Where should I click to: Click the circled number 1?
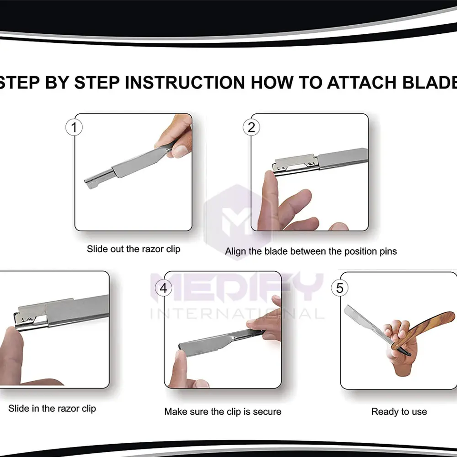[74, 128]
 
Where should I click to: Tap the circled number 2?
[251, 128]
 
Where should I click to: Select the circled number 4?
[163, 288]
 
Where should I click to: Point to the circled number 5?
[339, 288]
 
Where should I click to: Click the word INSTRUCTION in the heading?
[185, 82]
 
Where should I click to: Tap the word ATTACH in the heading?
[362, 82]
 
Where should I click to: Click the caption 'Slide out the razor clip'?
[133, 249]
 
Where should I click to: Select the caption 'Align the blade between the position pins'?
[311, 251]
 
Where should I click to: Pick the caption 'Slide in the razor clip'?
[52, 408]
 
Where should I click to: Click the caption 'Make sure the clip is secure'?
[223, 411]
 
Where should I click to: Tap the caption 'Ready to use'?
[399, 411]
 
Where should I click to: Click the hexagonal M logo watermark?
[238, 221]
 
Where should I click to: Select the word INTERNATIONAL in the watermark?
[237, 314]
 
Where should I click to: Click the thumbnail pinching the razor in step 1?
[180, 150]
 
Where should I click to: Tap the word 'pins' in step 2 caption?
[388, 251]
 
